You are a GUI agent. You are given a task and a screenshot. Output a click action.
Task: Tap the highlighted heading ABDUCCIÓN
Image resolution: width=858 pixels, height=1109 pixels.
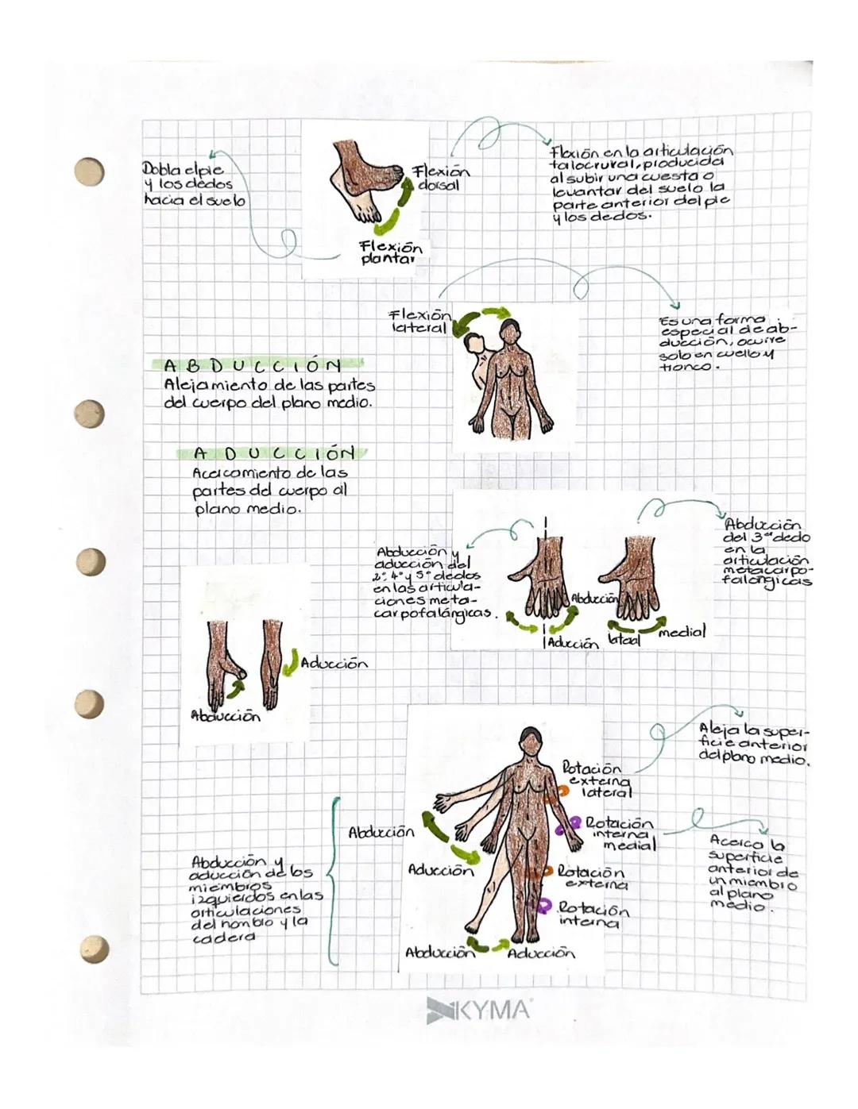[253, 365]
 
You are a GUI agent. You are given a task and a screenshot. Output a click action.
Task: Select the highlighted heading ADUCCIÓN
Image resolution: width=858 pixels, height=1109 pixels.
[273, 453]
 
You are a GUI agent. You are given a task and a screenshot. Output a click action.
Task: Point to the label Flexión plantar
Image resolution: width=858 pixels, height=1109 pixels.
[389, 252]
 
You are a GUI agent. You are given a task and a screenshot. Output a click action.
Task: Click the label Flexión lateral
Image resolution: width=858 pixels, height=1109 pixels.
[420, 321]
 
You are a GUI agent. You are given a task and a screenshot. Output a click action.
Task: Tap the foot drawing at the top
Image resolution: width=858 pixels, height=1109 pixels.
[366, 178]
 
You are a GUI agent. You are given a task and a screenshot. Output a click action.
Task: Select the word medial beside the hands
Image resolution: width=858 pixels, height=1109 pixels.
[681, 632]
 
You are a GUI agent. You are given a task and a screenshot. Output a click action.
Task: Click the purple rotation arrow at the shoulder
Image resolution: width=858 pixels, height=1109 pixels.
[569, 826]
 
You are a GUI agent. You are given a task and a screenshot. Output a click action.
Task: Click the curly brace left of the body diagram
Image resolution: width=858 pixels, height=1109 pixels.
[332, 881]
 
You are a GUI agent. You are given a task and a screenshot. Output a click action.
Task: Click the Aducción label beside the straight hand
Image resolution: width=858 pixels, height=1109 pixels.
[334, 663]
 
